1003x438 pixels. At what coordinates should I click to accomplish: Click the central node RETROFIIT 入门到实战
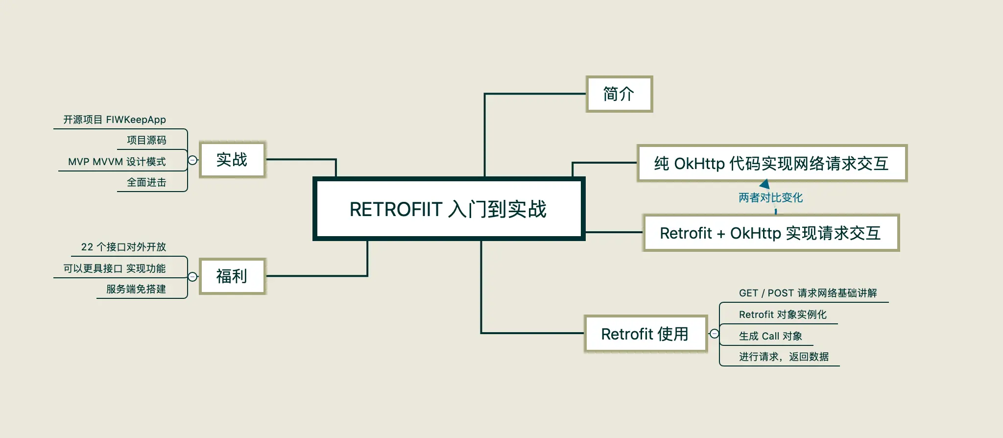[449, 209]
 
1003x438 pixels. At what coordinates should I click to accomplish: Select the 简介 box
[619, 94]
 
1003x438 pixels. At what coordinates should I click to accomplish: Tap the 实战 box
[232, 160]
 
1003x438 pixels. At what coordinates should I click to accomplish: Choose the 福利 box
[232, 276]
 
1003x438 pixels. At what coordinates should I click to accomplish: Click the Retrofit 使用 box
[645, 334]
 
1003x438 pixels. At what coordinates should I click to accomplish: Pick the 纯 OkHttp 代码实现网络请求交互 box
[771, 164]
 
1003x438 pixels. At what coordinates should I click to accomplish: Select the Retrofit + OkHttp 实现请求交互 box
[770, 233]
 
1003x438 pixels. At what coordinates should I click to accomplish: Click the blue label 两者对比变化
[770, 197]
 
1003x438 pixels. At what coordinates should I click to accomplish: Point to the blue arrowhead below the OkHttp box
[765, 185]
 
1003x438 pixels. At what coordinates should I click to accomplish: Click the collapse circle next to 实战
[193, 160]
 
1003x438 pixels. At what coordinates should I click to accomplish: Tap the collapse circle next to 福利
[193, 277]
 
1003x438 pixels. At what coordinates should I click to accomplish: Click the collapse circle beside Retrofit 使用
[715, 334]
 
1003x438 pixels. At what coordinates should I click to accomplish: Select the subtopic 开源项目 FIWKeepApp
[115, 120]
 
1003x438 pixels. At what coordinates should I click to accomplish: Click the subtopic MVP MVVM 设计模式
[117, 162]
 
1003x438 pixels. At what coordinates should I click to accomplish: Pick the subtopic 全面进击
[146, 182]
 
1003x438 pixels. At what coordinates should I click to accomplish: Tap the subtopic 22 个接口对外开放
[123, 247]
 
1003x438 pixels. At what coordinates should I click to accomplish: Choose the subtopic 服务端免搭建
[136, 289]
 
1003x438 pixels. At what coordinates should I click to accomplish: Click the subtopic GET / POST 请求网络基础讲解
[808, 293]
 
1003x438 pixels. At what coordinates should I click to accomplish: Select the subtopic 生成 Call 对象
[770, 336]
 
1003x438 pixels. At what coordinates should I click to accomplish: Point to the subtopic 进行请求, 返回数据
[784, 357]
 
